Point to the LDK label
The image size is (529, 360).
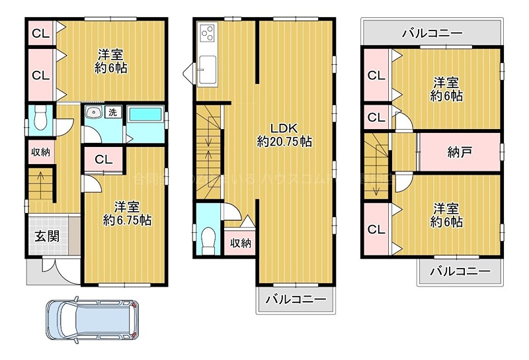284,128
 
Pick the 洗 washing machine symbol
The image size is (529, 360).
112,113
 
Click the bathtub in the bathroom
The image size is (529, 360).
145,114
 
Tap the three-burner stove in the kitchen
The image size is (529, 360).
206,33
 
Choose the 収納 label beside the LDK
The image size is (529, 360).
241,243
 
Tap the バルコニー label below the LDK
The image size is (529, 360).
296,299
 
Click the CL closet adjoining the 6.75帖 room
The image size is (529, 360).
102,159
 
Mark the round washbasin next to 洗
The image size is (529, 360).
93,113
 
